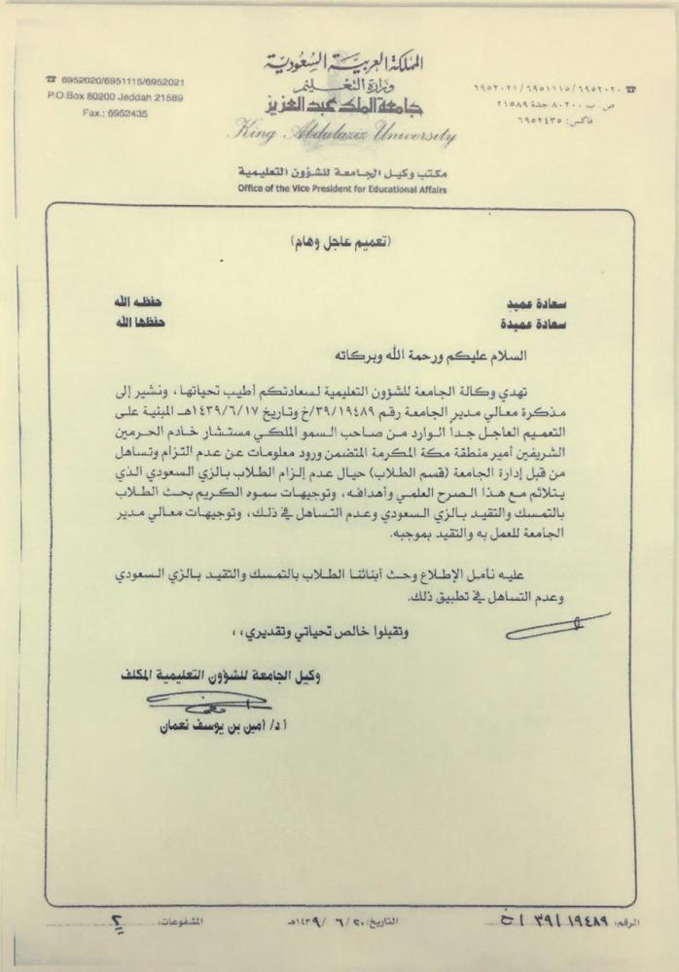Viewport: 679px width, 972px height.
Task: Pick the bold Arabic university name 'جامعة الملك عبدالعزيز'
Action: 339,103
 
